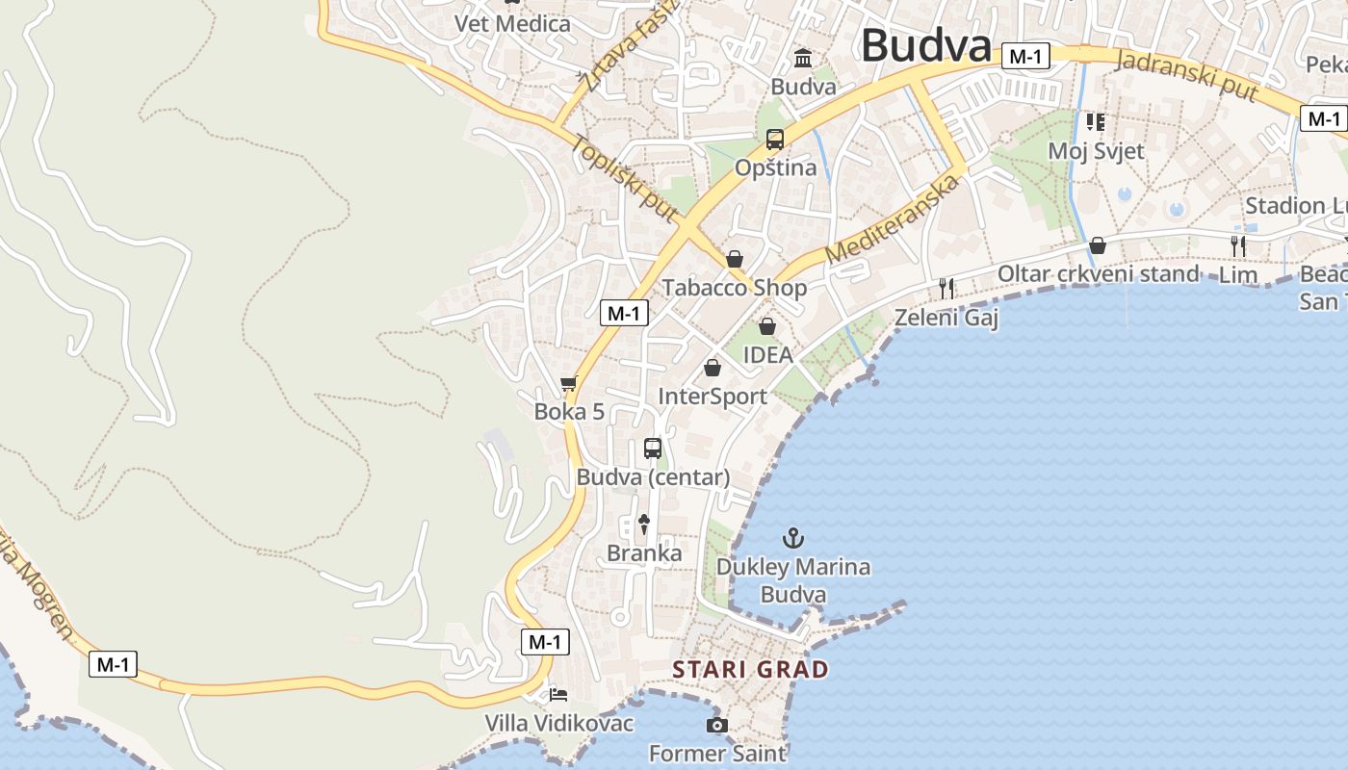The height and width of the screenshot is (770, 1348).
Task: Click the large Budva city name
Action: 925,45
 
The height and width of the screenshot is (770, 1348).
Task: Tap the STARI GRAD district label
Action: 750,670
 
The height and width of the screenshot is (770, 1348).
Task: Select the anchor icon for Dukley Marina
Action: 793,537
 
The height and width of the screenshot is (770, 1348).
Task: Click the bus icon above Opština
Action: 775,140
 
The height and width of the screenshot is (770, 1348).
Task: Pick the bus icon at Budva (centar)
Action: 653,449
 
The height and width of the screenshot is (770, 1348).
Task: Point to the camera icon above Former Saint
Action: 716,725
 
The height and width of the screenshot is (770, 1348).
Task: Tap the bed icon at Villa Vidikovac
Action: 558,694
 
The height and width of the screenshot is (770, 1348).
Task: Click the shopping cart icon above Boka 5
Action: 569,383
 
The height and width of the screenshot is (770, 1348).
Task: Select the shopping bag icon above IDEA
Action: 767,326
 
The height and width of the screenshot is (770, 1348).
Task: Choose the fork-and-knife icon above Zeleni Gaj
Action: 946,288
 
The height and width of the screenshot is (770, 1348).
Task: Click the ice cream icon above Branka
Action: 644,525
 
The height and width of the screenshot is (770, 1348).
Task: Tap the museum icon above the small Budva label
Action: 803,59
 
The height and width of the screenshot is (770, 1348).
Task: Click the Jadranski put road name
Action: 1187,76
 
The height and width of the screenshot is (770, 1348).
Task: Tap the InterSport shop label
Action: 713,397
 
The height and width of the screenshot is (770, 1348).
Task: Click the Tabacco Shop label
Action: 734,288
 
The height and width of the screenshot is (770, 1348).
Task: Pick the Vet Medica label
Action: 512,23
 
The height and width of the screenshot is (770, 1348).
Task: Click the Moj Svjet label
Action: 1096,151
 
